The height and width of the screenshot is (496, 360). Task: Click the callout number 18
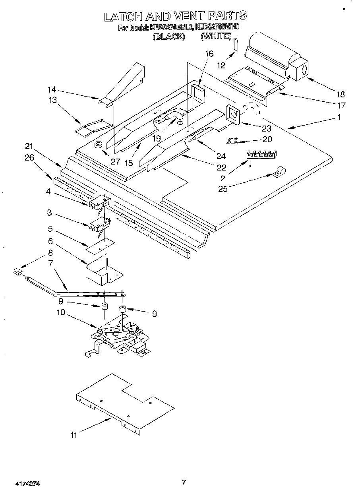click(x=341, y=94)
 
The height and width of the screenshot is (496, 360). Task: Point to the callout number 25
click(x=223, y=189)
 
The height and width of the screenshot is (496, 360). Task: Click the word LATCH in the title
click(x=123, y=16)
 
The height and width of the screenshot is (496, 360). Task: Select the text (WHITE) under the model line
click(x=216, y=36)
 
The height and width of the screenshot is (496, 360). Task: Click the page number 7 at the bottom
click(x=184, y=482)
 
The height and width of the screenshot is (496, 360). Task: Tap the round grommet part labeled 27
click(x=99, y=145)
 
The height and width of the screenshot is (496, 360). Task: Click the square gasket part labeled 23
click(x=233, y=114)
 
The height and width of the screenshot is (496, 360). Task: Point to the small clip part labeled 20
click(x=232, y=140)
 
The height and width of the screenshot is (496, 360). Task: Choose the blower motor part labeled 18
click(x=274, y=58)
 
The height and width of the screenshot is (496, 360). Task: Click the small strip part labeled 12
click(x=236, y=45)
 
